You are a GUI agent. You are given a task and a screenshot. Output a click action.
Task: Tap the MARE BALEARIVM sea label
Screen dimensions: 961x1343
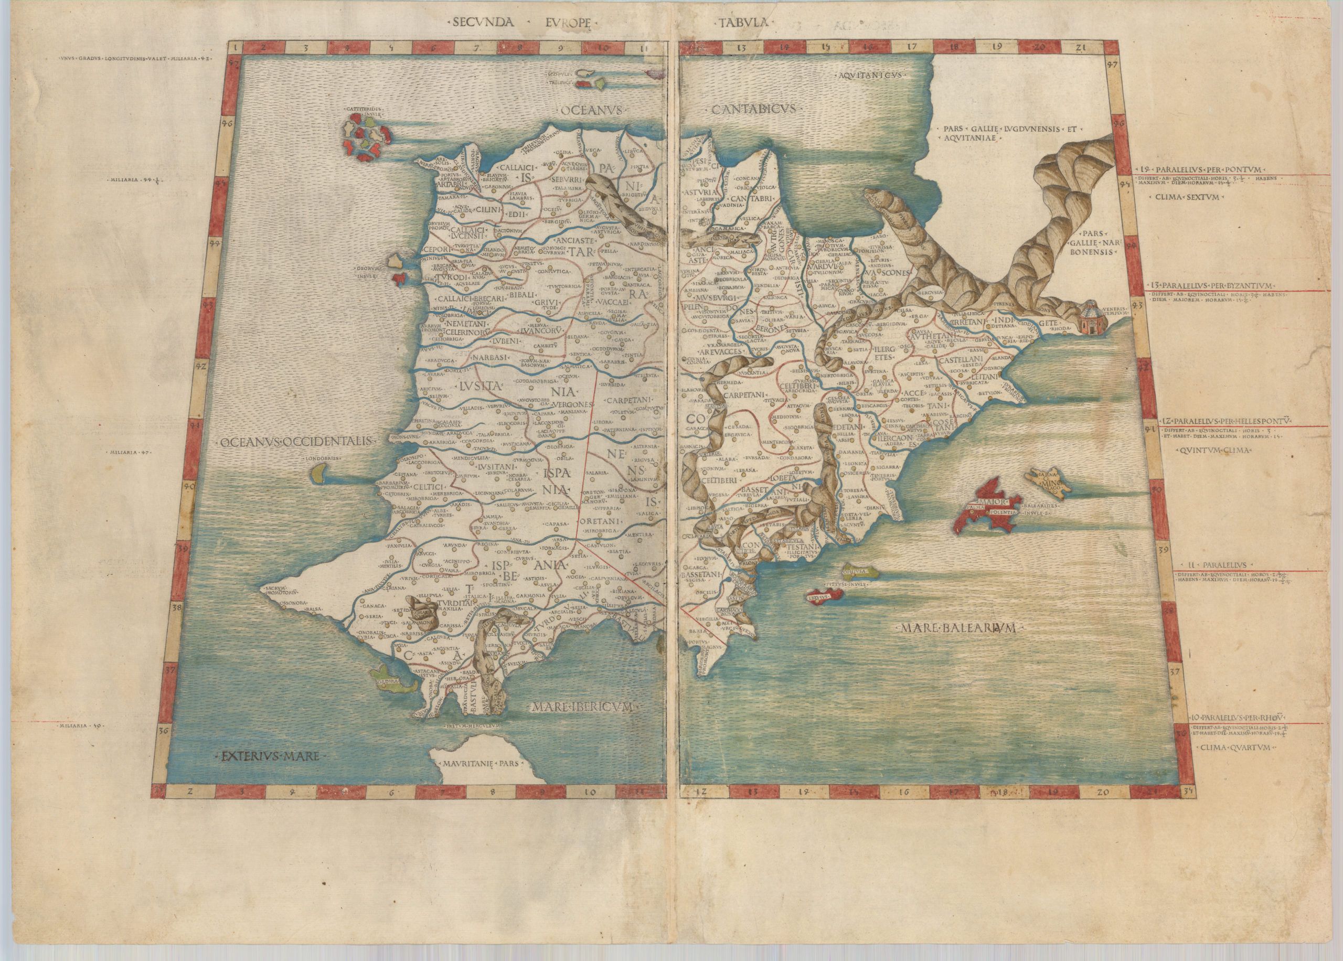[x=958, y=628]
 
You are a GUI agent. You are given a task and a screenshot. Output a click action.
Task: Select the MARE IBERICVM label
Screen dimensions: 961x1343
[x=583, y=707]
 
